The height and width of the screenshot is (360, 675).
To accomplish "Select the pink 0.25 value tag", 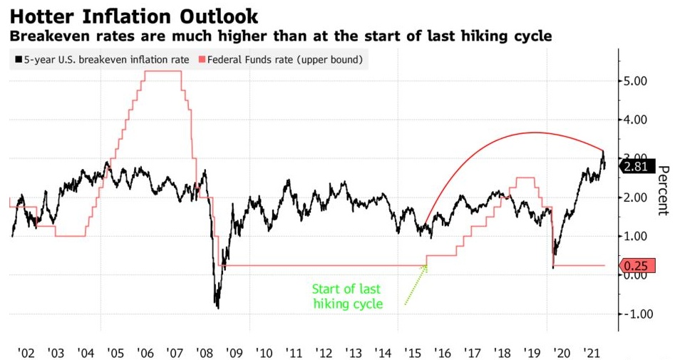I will [x=634, y=265].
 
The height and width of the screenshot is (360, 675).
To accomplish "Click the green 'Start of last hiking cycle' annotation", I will [x=347, y=297].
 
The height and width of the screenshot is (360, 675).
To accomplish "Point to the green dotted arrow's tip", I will [x=427, y=266].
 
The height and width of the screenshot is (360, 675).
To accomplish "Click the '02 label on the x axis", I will [x=26, y=353].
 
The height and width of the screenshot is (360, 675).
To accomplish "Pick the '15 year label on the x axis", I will [x=412, y=353].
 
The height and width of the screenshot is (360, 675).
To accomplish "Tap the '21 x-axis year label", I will [x=591, y=353].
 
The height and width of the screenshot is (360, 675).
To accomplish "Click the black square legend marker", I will [x=19, y=60].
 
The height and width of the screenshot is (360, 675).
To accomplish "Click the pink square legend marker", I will [x=200, y=60].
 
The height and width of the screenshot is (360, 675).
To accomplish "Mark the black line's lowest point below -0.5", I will [x=217, y=308].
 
